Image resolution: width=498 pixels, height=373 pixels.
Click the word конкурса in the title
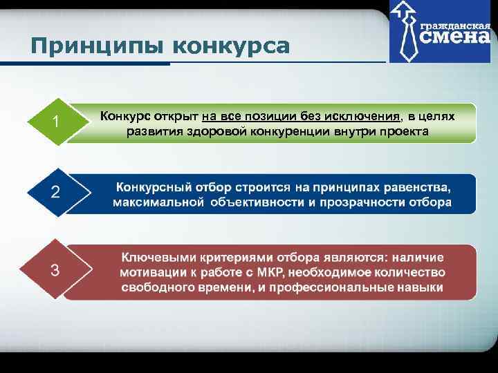click(x=230, y=46)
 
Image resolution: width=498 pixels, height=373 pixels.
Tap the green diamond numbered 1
click(x=55, y=122)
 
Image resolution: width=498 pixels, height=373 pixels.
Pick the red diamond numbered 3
click(x=55, y=269)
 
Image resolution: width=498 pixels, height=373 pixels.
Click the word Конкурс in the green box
click(x=126, y=116)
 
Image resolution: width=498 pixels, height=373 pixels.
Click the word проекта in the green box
click(x=401, y=131)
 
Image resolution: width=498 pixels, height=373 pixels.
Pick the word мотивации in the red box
click(x=150, y=272)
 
